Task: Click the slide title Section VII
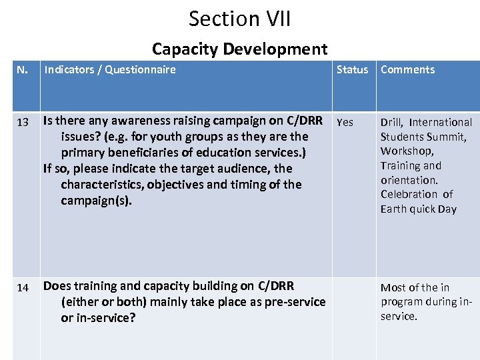pos(239,18)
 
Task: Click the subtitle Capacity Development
pos(239,49)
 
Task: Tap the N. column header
pos(22,69)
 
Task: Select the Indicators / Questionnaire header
pos(109,69)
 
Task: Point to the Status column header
pos(352,69)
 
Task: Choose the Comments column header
pos(407,69)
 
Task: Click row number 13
pos(23,123)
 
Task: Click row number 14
pos(23,288)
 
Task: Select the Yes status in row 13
pos(345,123)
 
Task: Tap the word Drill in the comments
pos(391,122)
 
